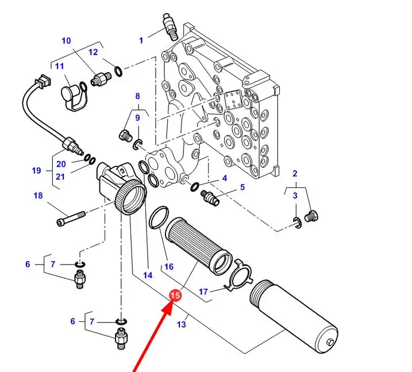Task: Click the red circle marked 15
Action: coord(175,295)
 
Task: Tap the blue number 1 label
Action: coord(141,40)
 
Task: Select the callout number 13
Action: coord(182,324)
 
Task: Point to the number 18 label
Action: coord(38,195)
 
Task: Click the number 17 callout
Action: coord(203,292)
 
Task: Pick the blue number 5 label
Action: coord(242,187)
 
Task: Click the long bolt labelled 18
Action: coord(71,218)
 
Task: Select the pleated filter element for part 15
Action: coord(199,246)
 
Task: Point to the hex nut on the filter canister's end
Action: coord(330,342)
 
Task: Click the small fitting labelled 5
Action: coord(210,198)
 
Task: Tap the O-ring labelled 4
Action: coord(195,186)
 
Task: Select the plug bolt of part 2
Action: coord(311,216)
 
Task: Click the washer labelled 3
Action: coord(297,223)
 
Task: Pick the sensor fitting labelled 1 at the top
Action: coord(171,27)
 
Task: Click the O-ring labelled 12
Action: coord(118,72)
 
